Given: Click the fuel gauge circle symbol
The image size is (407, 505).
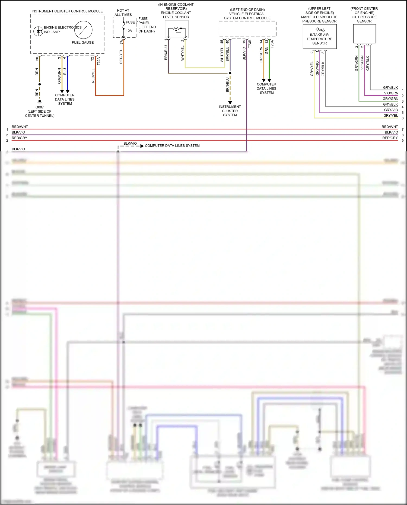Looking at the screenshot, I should point(83,30).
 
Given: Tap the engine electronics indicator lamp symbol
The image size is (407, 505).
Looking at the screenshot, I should point(38,31).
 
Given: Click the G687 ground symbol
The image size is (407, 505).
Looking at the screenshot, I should point(40,101).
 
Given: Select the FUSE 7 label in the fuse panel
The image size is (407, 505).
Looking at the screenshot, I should point(132,22).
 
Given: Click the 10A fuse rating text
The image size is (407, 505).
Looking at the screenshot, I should point(129,31).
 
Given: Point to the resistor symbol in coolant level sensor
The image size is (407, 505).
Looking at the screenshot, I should point(177,29).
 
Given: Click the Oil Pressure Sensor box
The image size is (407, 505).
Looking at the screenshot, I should point(364,34).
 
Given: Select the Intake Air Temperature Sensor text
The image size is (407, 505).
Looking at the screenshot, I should point(319,39).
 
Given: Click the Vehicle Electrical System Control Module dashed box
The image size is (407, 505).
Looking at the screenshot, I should point(247,29).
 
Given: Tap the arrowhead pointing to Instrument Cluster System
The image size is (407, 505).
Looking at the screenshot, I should point(230,103).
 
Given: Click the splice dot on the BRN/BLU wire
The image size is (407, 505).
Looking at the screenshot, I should point(230,73).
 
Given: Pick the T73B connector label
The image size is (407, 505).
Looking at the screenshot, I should point(250,44).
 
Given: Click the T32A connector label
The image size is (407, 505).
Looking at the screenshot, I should point(99,61).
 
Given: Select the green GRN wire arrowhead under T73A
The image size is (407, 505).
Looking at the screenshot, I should point(269,80).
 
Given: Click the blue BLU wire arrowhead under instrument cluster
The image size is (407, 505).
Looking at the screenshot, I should point(68,91).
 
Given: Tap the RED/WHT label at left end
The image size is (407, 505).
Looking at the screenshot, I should point(20,127).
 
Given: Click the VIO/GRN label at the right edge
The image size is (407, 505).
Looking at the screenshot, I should point(391,93).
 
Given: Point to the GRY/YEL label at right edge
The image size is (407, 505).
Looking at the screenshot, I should point(390,115).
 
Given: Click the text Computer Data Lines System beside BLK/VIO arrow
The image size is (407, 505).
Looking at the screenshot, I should point(172,146).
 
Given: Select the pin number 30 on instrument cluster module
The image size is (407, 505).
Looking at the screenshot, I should point(37,59).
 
